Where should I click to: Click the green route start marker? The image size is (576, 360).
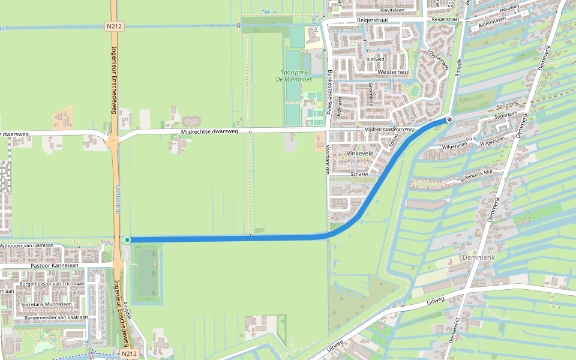pyautogui.click(x=127, y=240)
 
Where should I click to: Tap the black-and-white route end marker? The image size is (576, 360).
pyautogui.click(x=449, y=119)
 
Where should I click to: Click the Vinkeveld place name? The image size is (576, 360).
pyautogui.click(x=360, y=154)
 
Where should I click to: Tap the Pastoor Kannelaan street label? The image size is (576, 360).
pyautogui.click(x=54, y=265)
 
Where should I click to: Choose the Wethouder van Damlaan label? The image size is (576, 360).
pyautogui.click(x=26, y=245)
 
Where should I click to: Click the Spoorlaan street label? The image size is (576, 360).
pyautogui.click(x=505, y=114)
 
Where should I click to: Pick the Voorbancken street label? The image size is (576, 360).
pyautogui.click(x=328, y=159)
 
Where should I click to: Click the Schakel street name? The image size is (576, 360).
pyautogui.click(x=359, y=174)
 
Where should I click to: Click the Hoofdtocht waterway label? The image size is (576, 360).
pyautogui.click(x=118, y=198)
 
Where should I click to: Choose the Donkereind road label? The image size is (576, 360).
pyautogui.click(x=454, y=330)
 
